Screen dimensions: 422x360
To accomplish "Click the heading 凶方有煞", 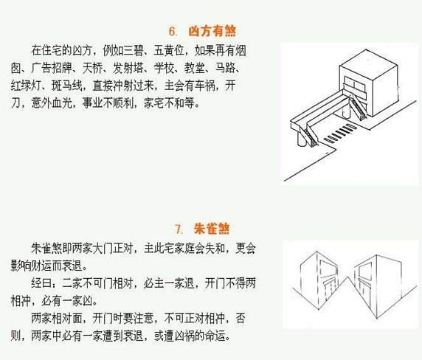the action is tap(212, 31).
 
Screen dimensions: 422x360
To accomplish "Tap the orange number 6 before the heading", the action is tap(172, 31).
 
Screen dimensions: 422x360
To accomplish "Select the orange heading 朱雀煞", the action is tap(212, 229).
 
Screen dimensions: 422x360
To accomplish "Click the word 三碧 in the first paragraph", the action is tap(132, 50).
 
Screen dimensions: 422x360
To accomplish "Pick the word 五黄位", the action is tap(168, 50).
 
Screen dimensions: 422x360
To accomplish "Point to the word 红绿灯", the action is tap(26, 86).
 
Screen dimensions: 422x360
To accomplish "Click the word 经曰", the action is tap(41, 283).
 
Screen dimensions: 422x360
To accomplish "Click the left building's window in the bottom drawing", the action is tap(328, 269).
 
